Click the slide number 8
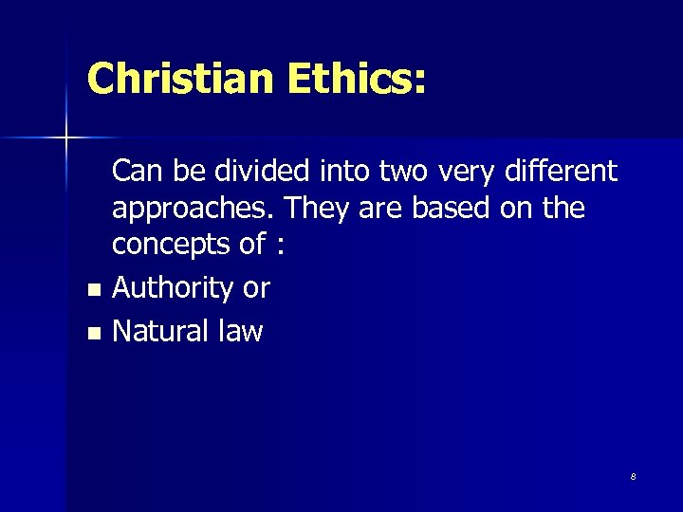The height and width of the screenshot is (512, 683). pyautogui.click(x=633, y=476)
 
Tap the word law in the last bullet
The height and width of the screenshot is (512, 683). pyautogui.click(x=241, y=331)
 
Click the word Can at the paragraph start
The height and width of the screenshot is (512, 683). pyautogui.click(x=139, y=172)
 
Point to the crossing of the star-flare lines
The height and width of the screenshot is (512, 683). pyautogui.click(x=65, y=138)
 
